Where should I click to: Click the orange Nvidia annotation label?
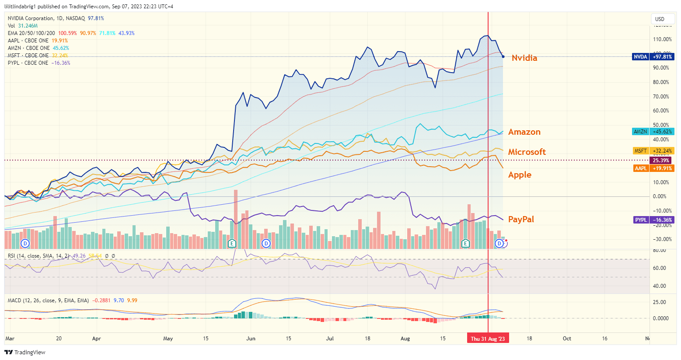pyautogui.click(x=524, y=58)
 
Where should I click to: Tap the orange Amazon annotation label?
pyautogui.click(x=524, y=132)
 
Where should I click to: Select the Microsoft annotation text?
pyautogui.click(x=527, y=152)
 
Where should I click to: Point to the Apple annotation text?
pyautogui.click(x=520, y=175)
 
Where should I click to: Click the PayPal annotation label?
pyautogui.click(x=521, y=219)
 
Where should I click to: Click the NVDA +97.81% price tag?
pyautogui.click(x=653, y=57)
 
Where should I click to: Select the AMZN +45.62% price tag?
pyautogui.click(x=653, y=132)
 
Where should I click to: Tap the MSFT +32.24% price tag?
pyautogui.click(x=653, y=151)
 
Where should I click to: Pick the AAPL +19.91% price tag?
pyautogui.click(x=653, y=168)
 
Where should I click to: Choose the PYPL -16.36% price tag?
pyautogui.click(x=653, y=220)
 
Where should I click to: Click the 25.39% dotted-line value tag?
pyautogui.click(x=661, y=161)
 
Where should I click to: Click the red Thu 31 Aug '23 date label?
pyautogui.click(x=488, y=339)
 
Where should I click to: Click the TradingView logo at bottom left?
pyautogui.click(x=25, y=352)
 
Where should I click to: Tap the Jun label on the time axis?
pyautogui.click(x=251, y=339)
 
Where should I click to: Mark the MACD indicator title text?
pyautogui.click(x=48, y=301)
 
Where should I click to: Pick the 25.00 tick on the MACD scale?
pyautogui.click(x=660, y=302)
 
